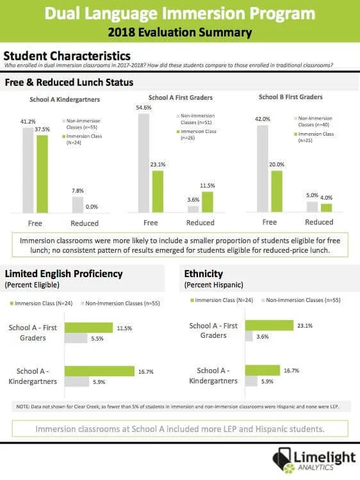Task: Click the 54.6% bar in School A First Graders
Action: point(143,163)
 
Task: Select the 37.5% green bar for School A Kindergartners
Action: point(42,173)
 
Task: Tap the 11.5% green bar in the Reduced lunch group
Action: point(208,200)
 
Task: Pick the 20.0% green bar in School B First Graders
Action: point(277,191)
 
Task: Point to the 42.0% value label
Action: point(263,118)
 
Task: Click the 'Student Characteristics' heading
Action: point(67,56)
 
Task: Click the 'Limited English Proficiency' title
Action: point(63,273)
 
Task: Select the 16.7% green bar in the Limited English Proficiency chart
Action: point(99,371)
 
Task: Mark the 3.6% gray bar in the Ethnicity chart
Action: point(250,337)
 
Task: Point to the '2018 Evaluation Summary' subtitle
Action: point(180,32)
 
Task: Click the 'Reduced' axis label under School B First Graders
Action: point(318,222)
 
